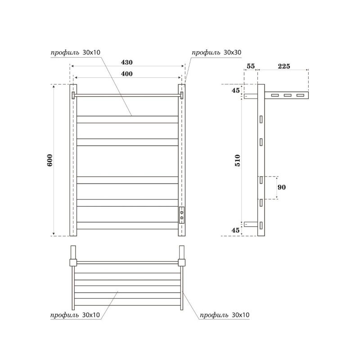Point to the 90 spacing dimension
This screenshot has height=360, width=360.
(282, 187)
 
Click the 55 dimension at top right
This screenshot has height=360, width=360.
(251, 66)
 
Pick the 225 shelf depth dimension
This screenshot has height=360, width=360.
(283, 66)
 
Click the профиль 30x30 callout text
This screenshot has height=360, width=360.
(216, 53)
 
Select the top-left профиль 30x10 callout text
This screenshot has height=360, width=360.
(75, 53)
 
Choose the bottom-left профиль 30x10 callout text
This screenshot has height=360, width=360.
(75, 315)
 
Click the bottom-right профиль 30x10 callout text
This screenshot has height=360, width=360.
(224, 315)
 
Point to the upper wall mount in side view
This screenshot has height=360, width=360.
(251, 96)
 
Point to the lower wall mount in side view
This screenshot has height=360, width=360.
(251, 223)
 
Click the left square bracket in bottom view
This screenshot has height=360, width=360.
(73, 262)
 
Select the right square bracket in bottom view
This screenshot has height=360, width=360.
(182, 262)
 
